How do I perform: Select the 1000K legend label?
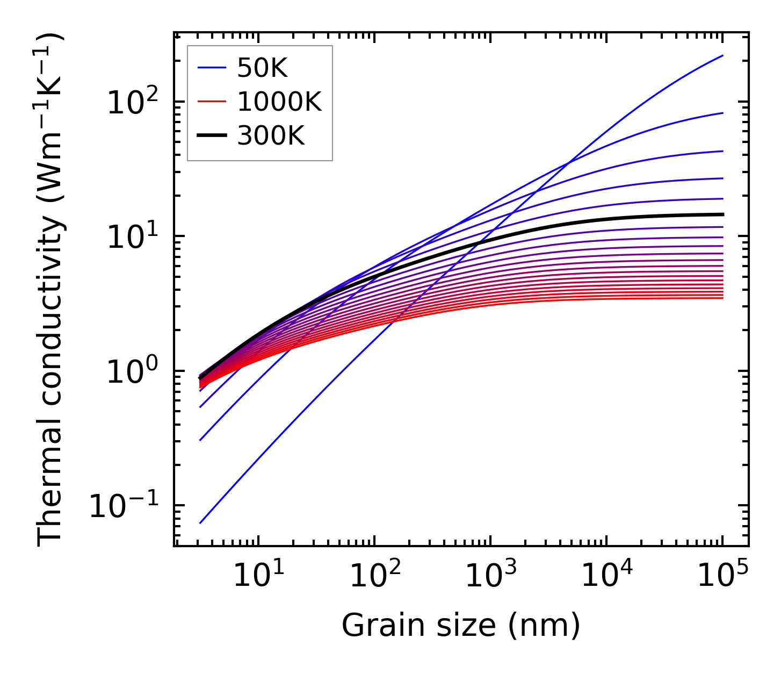click(279, 102)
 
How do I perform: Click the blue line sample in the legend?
click(213, 68)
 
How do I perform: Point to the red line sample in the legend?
click(213, 102)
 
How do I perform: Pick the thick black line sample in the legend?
click(213, 135)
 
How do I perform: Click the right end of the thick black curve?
click(723, 214)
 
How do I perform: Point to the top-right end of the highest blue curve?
click(723, 55)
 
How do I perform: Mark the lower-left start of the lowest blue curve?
click(200, 523)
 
